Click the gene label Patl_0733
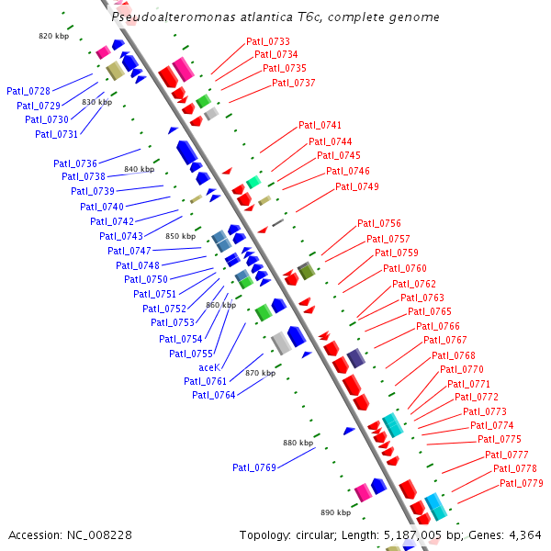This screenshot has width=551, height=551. (x=268, y=42)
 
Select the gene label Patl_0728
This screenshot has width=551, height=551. (x=28, y=91)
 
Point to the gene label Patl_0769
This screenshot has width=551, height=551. (x=254, y=468)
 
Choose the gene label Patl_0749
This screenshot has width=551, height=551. (x=357, y=187)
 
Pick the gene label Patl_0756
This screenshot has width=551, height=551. (x=379, y=224)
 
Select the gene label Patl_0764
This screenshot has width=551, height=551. (x=214, y=396)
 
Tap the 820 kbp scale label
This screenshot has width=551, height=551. (x=54, y=36)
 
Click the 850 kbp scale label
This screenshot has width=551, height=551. (x=181, y=237)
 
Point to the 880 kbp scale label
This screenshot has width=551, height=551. (x=298, y=444)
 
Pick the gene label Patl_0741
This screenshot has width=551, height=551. (x=320, y=126)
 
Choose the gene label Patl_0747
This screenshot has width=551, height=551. (x=129, y=252)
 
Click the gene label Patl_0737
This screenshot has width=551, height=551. (x=294, y=84)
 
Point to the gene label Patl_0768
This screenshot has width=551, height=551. (x=454, y=356)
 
